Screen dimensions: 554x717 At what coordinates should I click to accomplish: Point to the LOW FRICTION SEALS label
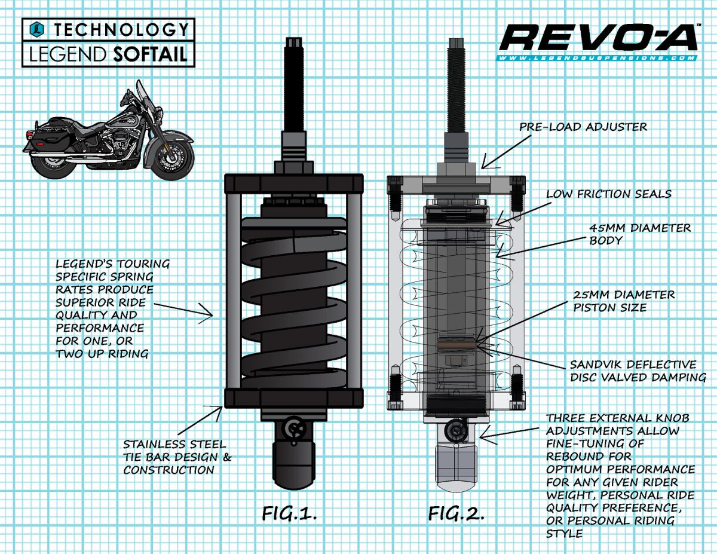pyautogui.click(x=609, y=194)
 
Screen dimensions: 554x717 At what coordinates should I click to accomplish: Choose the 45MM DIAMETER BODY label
pyautogui.click(x=640, y=235)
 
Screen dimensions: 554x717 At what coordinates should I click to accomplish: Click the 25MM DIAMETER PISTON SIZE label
pyautogui.click(x=624, y=302)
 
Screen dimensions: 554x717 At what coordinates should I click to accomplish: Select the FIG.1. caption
pyautogui.click(x=289, y=513)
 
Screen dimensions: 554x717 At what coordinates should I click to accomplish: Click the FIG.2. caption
pyautogui.click(x=455, y=513)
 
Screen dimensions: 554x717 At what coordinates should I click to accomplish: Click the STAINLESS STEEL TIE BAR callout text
pyautogui.click(x=177, y=457)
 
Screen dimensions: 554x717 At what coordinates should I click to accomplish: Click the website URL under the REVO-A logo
pyautogui.click(x=598, y=58)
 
